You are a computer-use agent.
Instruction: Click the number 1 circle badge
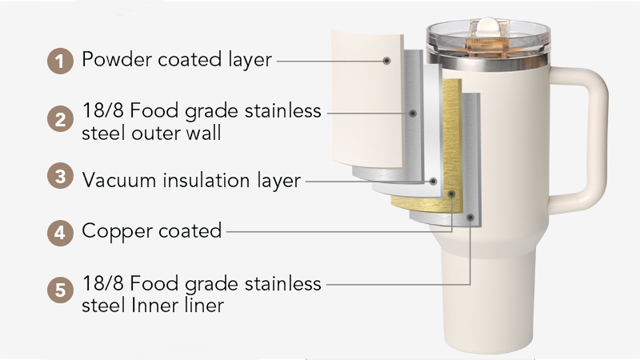coord(60,62)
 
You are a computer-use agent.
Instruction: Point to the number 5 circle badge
coord(60,291)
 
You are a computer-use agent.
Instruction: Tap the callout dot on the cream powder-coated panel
coord(387,61)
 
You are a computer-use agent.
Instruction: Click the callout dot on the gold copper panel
coord(451,194)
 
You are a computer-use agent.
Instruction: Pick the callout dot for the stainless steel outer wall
coord(413,113)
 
